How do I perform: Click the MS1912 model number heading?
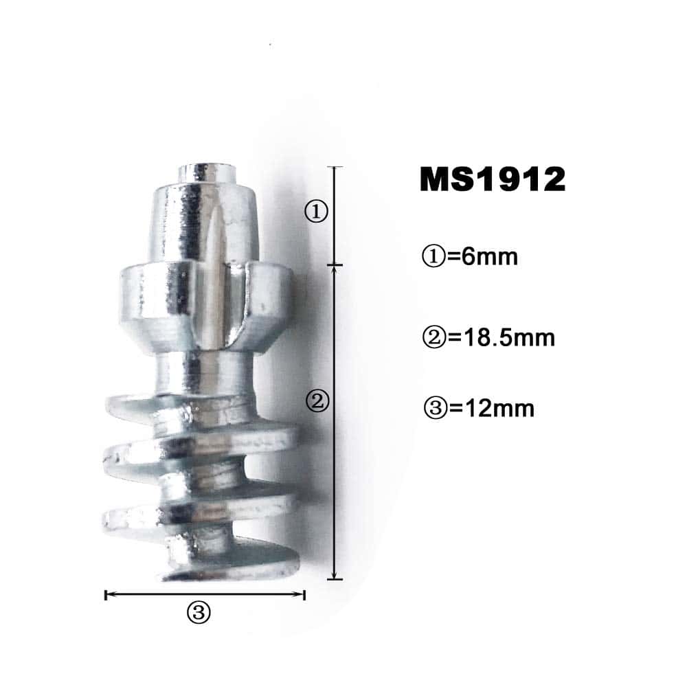tap(493, 179)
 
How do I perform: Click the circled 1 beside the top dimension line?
tap(316, 212)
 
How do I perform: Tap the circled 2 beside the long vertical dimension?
tap(317, 401)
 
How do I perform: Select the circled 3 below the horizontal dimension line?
tap(199, 612)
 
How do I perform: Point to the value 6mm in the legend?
tap(483, 257)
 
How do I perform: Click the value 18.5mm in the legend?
tap(502, 338)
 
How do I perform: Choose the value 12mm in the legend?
tap(492, 408)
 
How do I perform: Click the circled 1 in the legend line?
tap(433, 257)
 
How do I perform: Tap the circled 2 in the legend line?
tap(434, 338)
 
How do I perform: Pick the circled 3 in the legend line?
tap(436, 408)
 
